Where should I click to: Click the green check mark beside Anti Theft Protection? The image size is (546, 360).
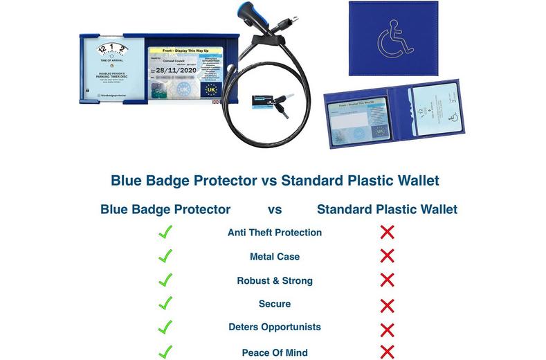pyautogui.click(x=165, y=232)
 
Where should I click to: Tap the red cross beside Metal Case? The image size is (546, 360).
pyautogui.click(x=388, y=256)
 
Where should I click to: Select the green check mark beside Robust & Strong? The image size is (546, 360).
pyautogui.click(x=165, y=280)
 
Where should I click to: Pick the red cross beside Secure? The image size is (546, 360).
pyautogui.click(x=388, y=305)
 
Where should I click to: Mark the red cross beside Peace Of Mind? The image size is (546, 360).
pyautogui.click(x=388, y=351)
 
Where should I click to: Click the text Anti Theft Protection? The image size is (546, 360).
pyautogui.click(x=275, y=233)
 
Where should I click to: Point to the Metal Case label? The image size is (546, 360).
pyautogui.click(x=275, y=257)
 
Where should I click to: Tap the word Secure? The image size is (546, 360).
pyautogui.click(x=275, y=304)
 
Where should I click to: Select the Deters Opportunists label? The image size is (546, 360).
pyautogui.click(x=275, y=327)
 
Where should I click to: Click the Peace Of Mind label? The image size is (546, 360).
pyautogui.click(x=275, y=352)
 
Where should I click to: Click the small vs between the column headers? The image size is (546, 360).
pyautogui.click(x=275, y=208)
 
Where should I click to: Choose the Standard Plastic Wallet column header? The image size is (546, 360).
pyautogui.click(x=387, y=208)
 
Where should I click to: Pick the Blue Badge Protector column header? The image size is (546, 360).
pyautogui.click(x=165, y=208)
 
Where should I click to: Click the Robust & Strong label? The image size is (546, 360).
pyautogui.click(x=275, y=280)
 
